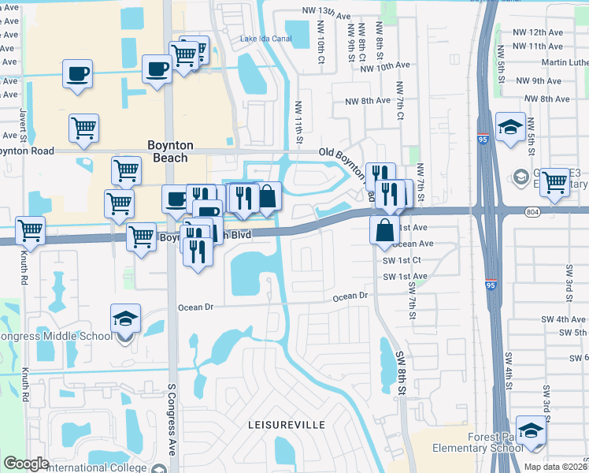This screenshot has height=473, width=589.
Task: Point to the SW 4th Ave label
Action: coord(565,319)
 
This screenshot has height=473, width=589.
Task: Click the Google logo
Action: coord(26,464)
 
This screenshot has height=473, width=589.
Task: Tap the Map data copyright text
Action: coord(555,467)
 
